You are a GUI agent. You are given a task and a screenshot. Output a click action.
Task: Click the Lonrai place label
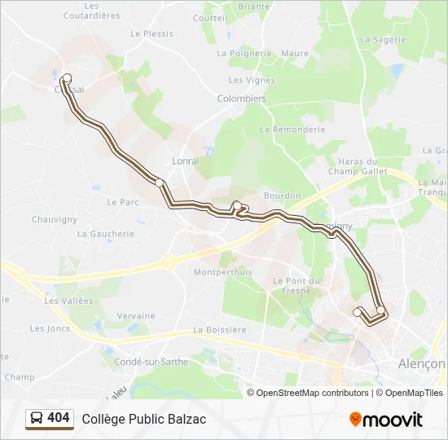pos(186,161)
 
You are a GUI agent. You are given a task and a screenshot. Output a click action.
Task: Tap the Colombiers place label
pos(241,99)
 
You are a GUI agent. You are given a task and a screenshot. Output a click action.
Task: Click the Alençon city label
pos(421,363)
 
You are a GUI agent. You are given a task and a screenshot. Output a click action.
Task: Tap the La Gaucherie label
pos(106,233)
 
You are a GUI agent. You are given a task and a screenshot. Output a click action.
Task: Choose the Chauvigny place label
pos(54,219)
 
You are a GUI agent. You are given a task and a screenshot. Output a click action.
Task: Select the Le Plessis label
pos(152,34)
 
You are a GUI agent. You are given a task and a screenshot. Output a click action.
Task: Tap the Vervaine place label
pos(135,316)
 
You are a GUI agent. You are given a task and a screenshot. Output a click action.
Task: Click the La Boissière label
pos(219,330)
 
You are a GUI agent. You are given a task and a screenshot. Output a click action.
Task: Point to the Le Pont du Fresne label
pos(297,285)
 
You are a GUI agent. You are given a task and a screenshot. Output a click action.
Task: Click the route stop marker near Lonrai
pos(160,183)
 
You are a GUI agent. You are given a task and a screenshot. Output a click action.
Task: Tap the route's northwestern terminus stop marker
pos(67,78)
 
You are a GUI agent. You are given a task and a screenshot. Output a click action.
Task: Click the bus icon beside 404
pos(37,419)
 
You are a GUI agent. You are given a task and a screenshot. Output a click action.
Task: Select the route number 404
pos(59,418)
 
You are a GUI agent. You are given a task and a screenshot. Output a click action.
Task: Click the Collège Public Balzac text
pos(143,420)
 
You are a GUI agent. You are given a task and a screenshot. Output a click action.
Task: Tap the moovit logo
pos(386,420)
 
